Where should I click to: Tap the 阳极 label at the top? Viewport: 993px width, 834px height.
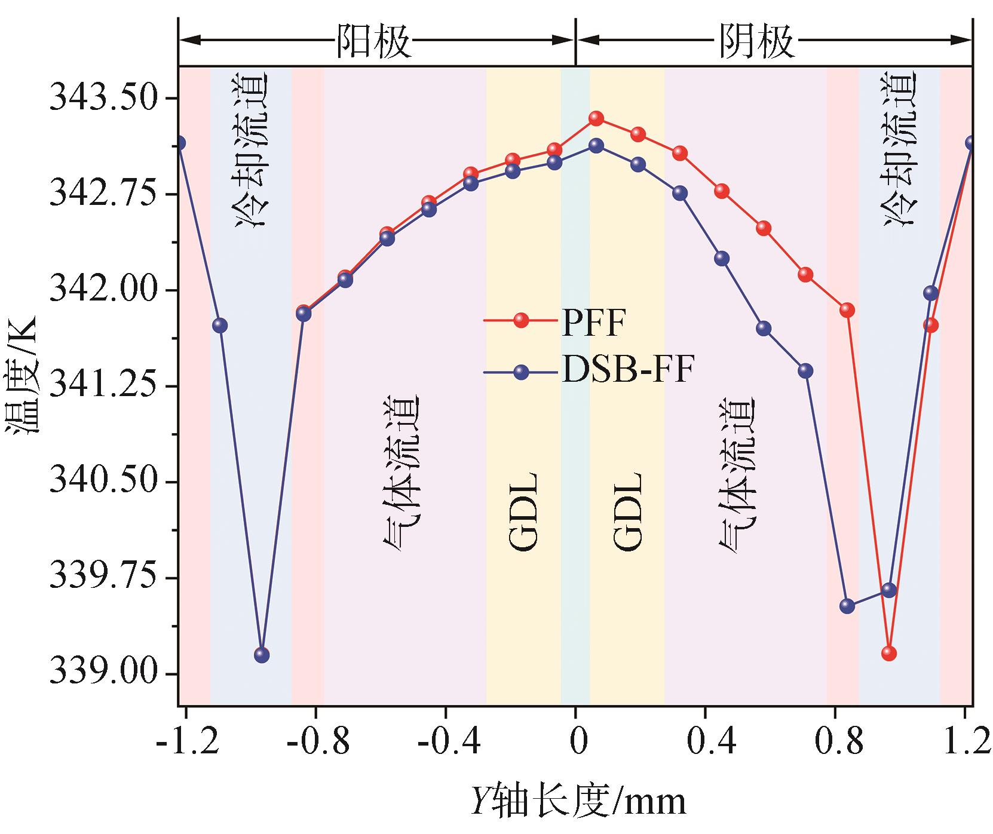(x=373, y=41)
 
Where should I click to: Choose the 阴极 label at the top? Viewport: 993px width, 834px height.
(x=756, y=41)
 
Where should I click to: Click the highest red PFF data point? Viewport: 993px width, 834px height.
(x=596, y=118)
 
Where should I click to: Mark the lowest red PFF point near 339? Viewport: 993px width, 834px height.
(x=888, y=653)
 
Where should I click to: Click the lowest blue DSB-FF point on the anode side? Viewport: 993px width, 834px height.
(x=262, y=655)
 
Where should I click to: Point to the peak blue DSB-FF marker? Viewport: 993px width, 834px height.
(x=596, y=145)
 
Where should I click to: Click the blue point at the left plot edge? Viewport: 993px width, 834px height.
(x=179, y=143)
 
